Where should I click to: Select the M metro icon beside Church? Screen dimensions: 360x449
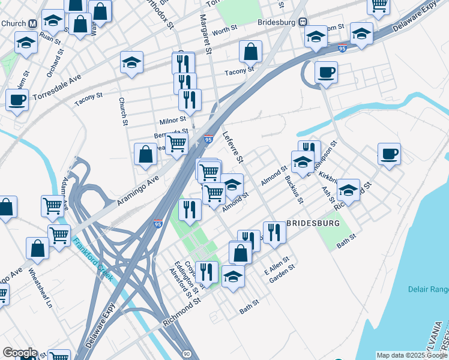[34, 23]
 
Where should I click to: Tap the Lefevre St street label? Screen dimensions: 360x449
[234, 148]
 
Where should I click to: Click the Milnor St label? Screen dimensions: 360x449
[173, 120]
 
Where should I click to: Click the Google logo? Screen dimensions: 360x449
[19, 353]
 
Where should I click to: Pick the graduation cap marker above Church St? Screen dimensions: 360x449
[131, 62]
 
